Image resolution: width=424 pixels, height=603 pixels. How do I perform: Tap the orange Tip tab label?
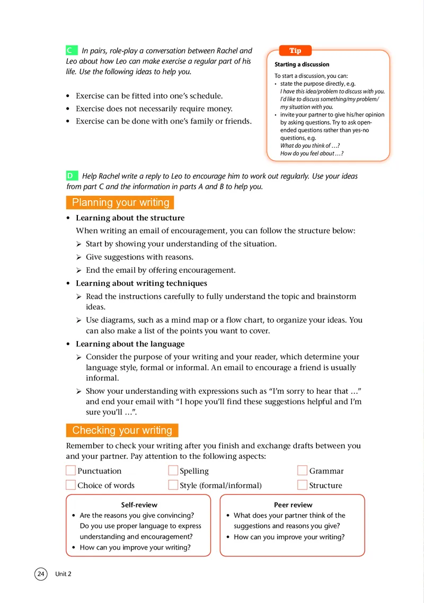pyautogui.click(x=295, y=51)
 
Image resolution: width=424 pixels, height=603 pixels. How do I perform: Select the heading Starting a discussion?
pyautogui.click(x=302, y=65)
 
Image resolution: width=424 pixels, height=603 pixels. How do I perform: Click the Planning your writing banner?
pyautogui.click(x=120, y=202)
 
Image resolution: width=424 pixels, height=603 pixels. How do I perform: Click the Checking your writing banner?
pyautogui.click(x=122, y=430)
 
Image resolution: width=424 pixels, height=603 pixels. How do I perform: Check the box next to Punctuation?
pyautogui.click(x=71, y=471)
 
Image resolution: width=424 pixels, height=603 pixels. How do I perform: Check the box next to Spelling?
pyautogui.click(x=173, y=471)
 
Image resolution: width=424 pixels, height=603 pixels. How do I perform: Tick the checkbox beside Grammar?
pyautogui.click(x=303, y=471)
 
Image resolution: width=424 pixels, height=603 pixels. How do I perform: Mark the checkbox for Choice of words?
pyautogui.click(x=71, y=485)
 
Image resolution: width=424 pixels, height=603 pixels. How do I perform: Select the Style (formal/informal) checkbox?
pyautogui.click(x=173, y=485)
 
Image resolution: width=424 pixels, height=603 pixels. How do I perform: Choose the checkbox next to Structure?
pyautogui.click(x=303, y=485)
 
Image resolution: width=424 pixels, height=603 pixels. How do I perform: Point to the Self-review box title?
pyautogui.click(x=139, y=505)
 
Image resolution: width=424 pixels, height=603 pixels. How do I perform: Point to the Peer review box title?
pyautogui.click(x=293, y=505)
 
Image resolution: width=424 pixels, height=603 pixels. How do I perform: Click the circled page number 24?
pyautogui.click(x=41, y=573)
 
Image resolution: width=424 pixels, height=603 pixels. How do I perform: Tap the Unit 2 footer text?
pyautogui.click(x=63, y=574)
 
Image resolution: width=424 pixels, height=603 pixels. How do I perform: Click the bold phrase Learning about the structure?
pyautogui.click(x=130, y=218)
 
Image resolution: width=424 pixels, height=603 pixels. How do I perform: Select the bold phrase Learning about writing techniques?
pyautogui.click(x=142, y=283)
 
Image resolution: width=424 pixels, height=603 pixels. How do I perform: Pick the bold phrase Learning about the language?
pyautogui.click(x=130, y=344)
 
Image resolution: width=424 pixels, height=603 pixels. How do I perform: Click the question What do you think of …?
pyautogui.click(x=310, y=146)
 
